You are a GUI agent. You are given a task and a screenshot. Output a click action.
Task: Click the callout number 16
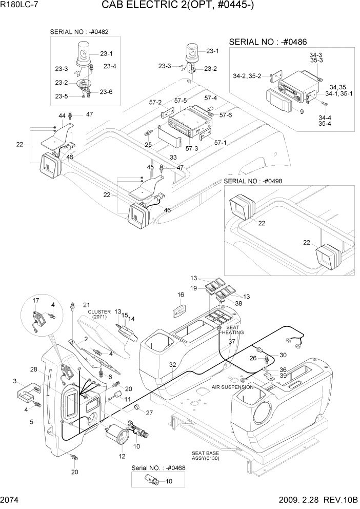[x=181, y=295]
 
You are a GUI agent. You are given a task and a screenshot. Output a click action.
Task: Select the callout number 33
[x=173, y=158]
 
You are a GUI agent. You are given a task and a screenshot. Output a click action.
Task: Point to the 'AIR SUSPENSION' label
[x=233, y=387]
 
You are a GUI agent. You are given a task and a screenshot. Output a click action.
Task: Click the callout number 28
[x=33, y=369]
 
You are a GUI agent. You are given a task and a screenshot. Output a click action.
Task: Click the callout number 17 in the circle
[x=36, y=300]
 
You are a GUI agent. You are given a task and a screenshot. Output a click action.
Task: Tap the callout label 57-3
[x=192, y=148]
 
